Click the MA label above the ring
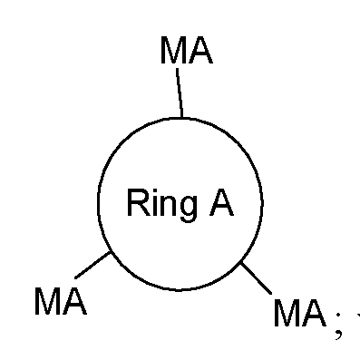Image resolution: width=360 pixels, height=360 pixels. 186,51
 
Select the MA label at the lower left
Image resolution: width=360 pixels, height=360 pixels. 60,301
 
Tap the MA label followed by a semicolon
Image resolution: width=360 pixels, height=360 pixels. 299,315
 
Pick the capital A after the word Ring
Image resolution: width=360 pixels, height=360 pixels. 221,202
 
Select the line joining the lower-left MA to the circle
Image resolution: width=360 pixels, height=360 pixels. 92,265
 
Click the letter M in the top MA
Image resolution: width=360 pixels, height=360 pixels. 174,51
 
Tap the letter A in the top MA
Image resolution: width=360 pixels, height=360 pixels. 200,51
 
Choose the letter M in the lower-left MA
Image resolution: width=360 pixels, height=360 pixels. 48,301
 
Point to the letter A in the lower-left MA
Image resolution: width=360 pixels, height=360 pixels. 74,301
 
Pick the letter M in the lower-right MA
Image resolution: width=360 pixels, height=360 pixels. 287,315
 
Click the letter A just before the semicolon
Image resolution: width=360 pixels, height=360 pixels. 313,315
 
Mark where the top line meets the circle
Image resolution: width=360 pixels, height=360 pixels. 182,117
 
